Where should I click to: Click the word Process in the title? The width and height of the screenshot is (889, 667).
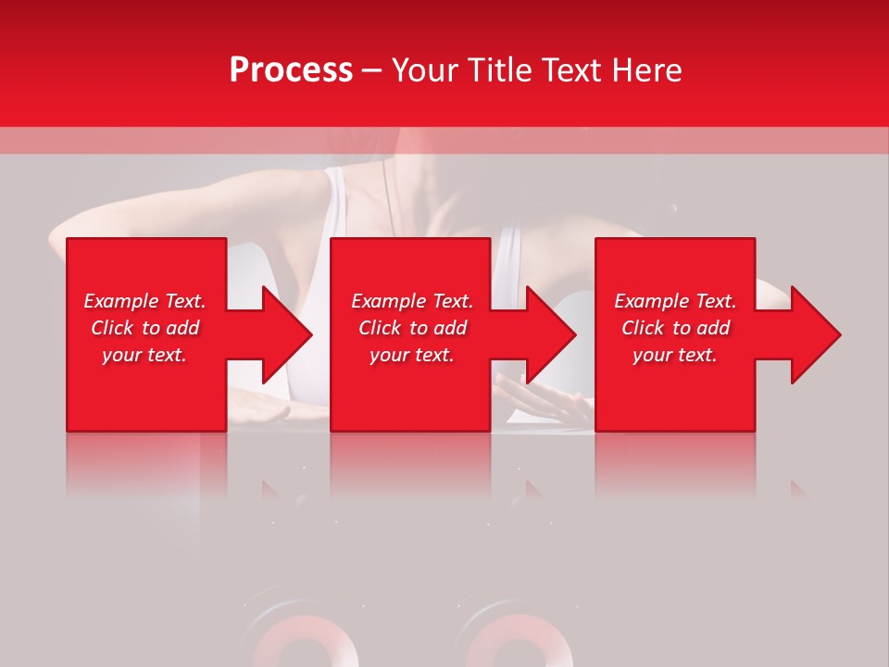pyautogui.click(x=291, y=70)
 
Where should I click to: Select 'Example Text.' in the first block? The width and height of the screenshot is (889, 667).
pyautogui.click(x=144, y=301)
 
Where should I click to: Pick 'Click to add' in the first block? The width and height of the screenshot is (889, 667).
pyautogui.click(x=144, y=328)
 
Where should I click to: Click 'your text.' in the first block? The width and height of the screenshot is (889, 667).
pyautogui.click(x=144, y=355)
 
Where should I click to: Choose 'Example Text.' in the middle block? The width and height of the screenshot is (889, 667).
pyautogui.click(x=412, y=301)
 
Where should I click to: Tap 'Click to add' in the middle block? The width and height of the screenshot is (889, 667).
pyautogui.click(x=412, y=328)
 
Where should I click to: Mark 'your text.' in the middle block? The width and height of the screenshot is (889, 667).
pyautogui.click(x=412, y=355)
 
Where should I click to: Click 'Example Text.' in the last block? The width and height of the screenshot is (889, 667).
pyautogui.click(x=675, y=301)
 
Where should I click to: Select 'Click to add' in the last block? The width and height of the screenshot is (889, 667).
pyautogui.click(x=675, y=328)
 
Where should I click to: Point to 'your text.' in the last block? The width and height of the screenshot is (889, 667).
pyautogui.click(x=675, y=355)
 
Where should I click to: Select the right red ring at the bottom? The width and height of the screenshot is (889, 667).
pyautogui.click(x=505, y=644)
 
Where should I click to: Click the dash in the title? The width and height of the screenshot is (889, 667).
pyautogui.click(x=372, y=70)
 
